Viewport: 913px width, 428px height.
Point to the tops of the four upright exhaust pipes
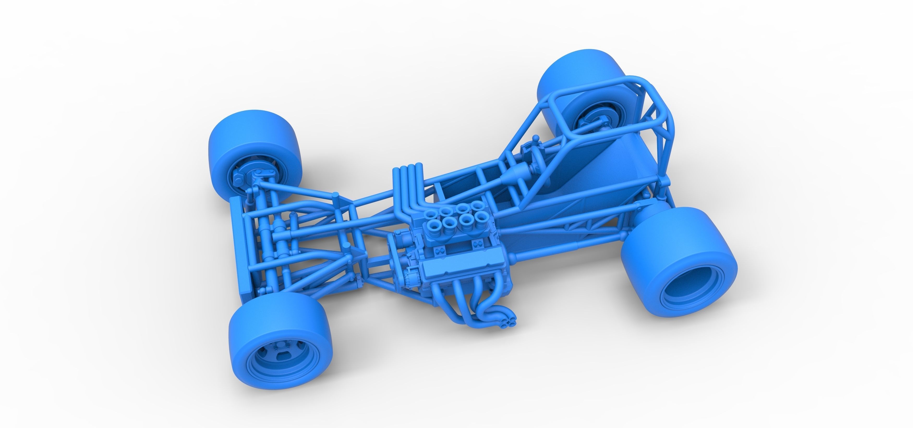[x=408, y=167]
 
